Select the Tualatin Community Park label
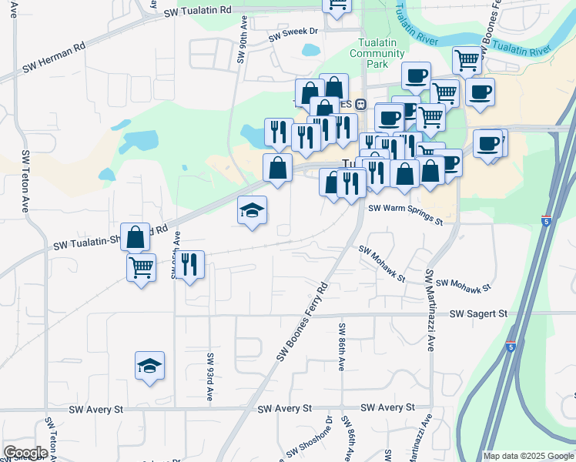click(377, 54)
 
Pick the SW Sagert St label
click(479, 313)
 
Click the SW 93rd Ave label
click(209, 377)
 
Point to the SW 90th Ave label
click(242, 47)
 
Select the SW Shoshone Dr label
click(309, 439)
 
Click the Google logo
click(26, 453)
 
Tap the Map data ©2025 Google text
click(527, 456)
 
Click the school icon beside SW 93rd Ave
click(149, 366)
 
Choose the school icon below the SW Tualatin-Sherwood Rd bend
click(251, 210)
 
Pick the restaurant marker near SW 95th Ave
click(189, 265)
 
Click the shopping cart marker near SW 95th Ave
click(141, 267)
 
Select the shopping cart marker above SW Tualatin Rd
click(337, 5)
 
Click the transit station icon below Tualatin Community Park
click(360, 104)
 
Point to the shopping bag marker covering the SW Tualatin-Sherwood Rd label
click(136, 236)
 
